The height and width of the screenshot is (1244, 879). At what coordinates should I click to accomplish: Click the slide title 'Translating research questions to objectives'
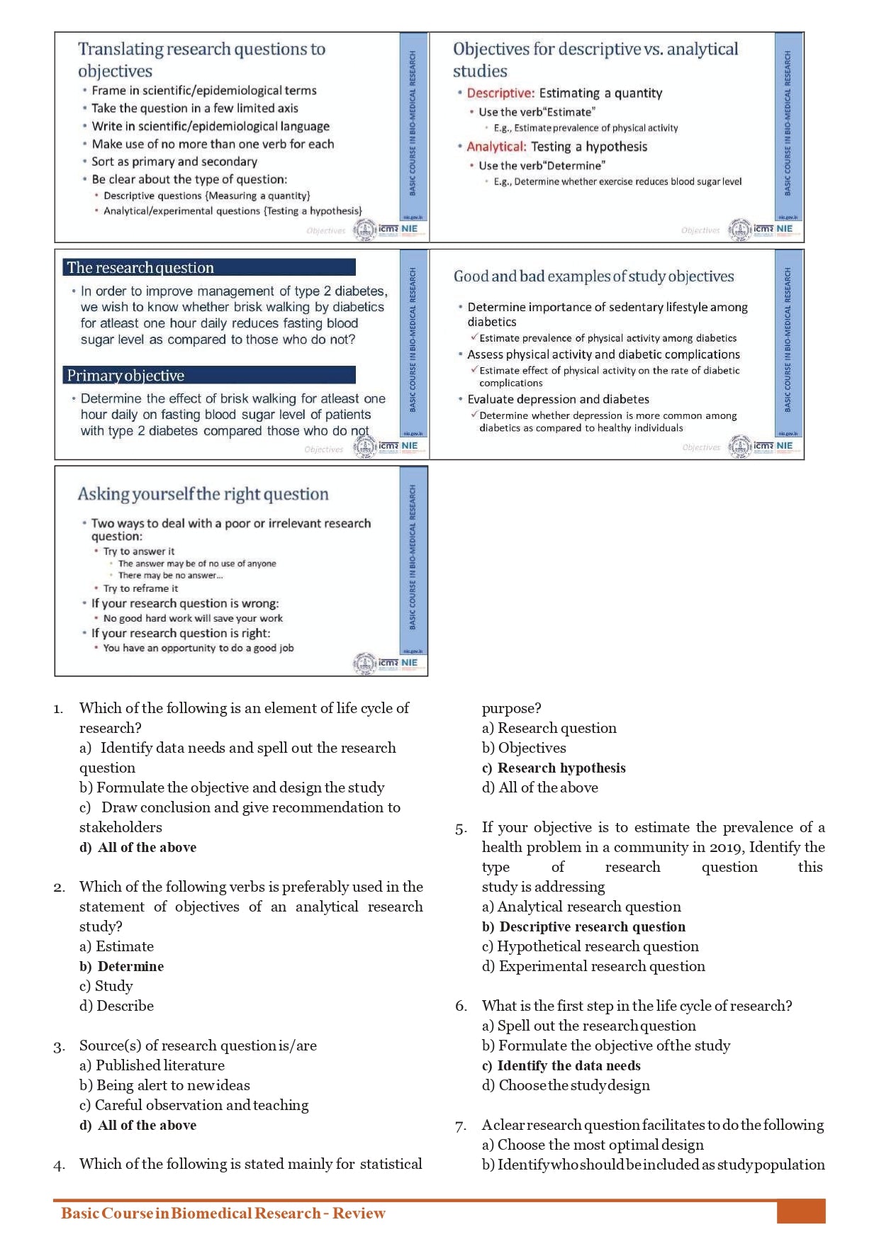coord(201,60)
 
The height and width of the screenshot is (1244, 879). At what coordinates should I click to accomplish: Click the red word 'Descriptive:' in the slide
coord(500,93)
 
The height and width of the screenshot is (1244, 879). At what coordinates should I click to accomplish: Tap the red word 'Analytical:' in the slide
coord(496,147)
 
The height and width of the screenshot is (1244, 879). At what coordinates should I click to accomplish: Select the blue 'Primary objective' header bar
coord(210,375)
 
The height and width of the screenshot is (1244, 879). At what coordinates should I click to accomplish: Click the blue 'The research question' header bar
coord(210,267)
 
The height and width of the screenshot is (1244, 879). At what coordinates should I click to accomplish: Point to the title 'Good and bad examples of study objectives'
coord(593,276)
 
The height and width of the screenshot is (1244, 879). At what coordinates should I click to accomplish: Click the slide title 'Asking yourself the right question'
coord(203,494)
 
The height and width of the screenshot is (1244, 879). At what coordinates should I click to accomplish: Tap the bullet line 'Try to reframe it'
coord(140,588)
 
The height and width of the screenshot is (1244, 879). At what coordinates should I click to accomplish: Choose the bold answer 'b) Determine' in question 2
coord(121,966)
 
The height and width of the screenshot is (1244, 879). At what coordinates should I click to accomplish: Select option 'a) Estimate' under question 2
coord(116,946)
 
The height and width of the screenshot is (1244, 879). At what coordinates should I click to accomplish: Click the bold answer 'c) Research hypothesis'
coord(554,768)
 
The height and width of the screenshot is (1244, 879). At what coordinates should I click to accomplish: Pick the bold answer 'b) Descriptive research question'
coord(583,926)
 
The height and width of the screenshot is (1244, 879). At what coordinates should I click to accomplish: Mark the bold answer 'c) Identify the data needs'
coord(561,1065)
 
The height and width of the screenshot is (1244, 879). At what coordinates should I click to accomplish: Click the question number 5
coord(461,828)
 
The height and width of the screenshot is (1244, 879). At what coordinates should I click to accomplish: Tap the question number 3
coord(59,1046)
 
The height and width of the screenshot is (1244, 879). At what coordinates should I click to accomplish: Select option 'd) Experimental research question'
coord(593,966)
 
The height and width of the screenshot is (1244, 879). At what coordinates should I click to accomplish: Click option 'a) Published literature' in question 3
coord(152,1065)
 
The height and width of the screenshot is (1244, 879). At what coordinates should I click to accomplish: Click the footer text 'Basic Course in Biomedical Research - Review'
coord(223,1213)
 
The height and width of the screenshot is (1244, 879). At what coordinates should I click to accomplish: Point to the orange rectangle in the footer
coord(801,1211)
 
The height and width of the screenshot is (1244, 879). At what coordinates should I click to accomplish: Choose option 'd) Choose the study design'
coord(566,1085)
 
